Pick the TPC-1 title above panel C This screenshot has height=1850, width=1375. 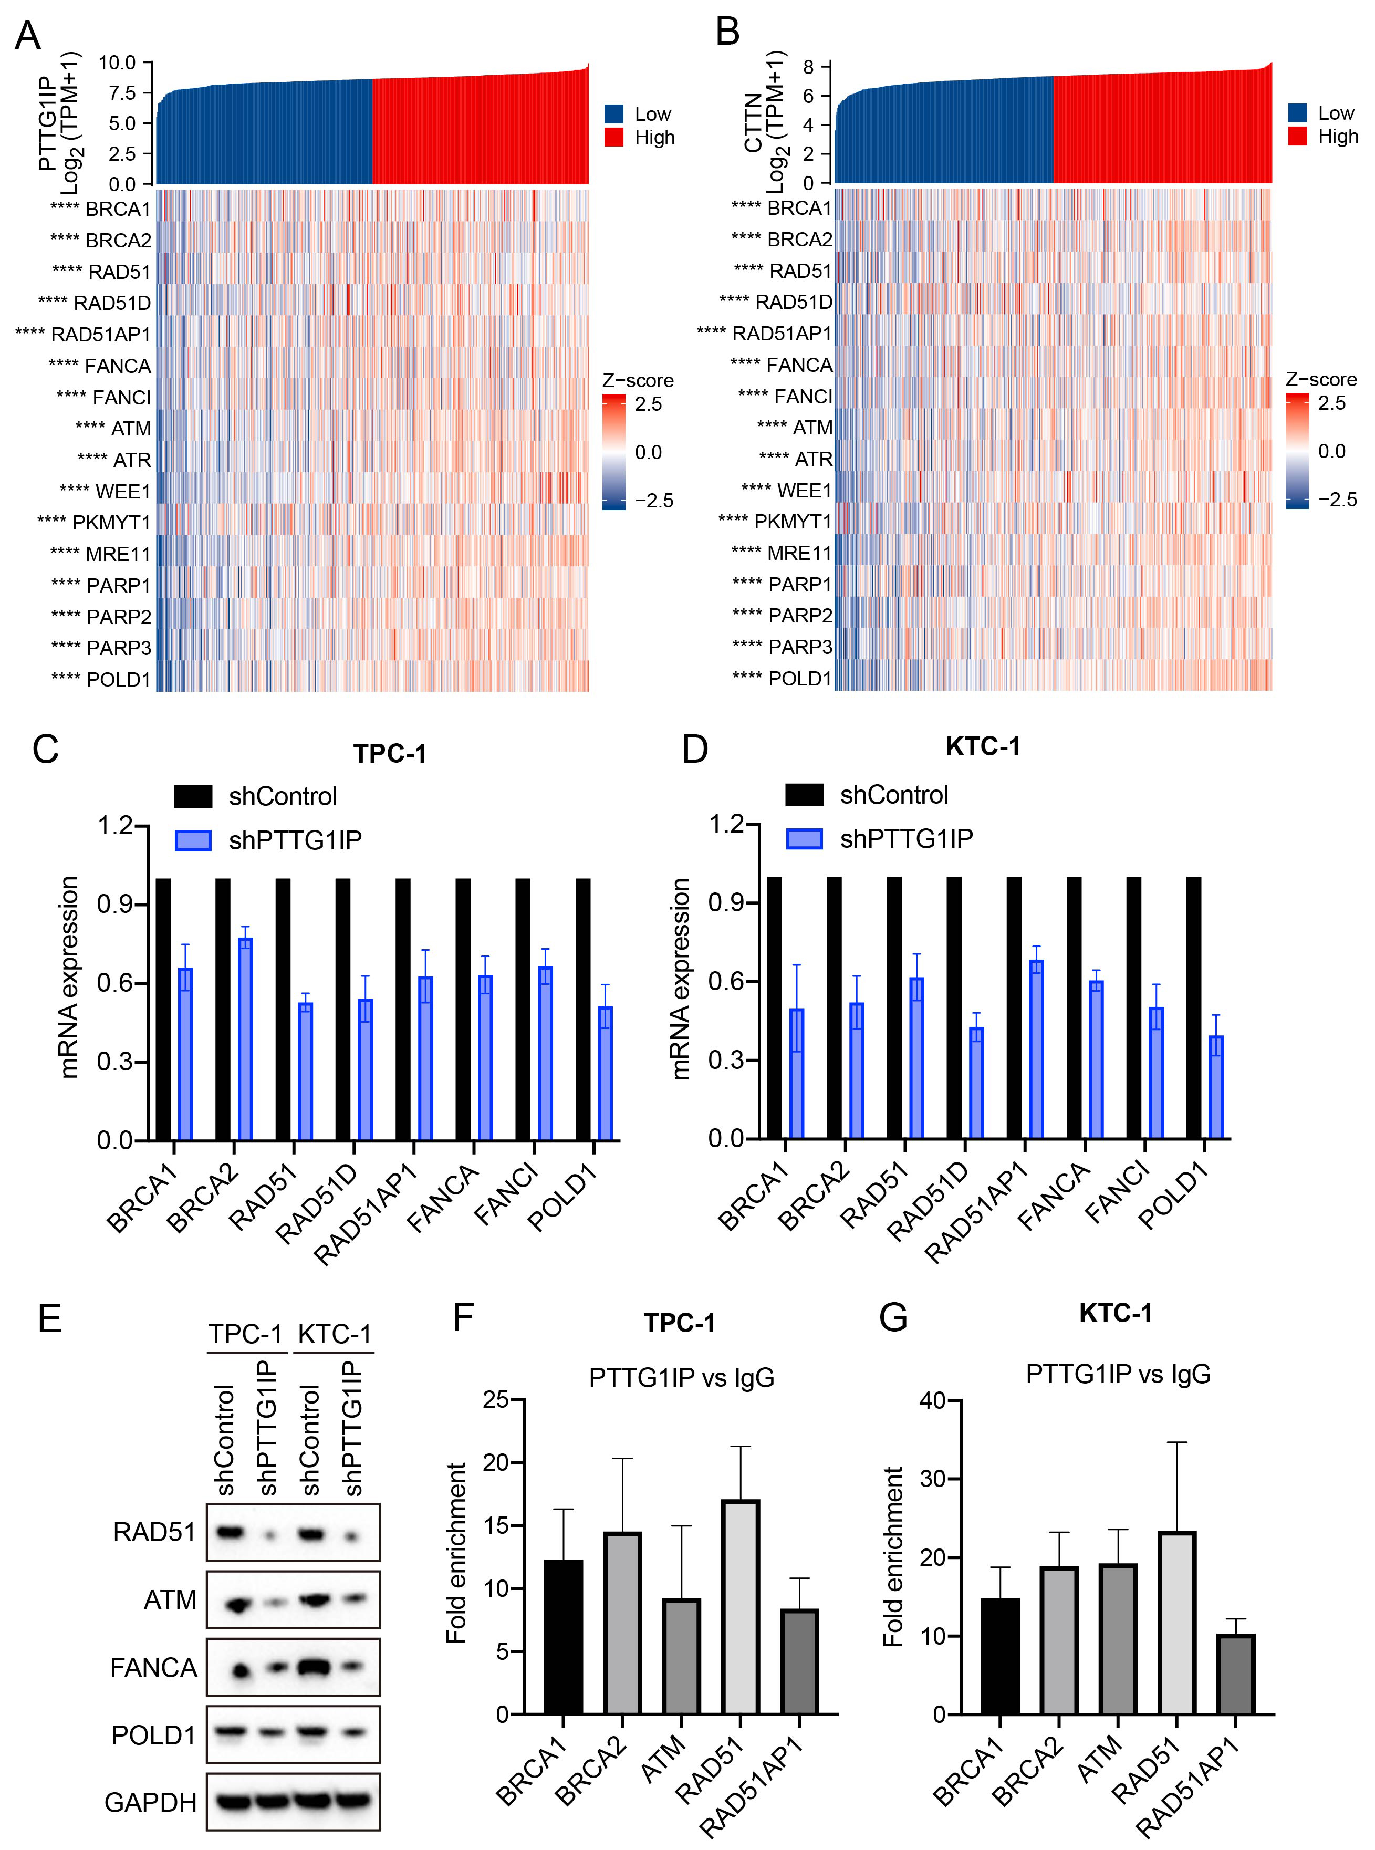click(x=390, y=754)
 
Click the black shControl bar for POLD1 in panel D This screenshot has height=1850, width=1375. click(x=1194, y=1008)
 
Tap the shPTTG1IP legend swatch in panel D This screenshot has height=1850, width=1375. click(x=804, y=839)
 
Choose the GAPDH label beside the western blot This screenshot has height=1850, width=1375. click(x=151, y=1803)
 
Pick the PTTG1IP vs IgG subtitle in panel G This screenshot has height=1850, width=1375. click(x=1118, y=1374)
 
